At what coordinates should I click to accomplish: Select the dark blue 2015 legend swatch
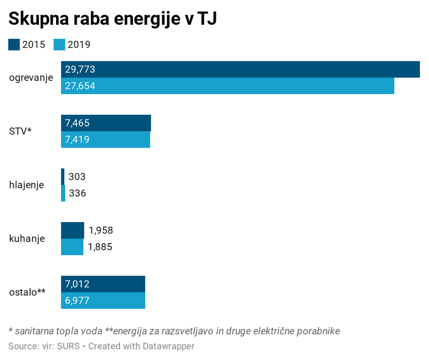14,44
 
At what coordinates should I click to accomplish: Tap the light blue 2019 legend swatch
60,44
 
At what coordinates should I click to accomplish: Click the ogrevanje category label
31,78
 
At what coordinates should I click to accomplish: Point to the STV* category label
21,132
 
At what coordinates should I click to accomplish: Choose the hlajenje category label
26,185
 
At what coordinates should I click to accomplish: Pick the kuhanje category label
27,238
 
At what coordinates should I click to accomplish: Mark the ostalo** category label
27,292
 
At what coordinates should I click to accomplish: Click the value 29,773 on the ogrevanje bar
80,69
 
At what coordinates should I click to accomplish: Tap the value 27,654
80,86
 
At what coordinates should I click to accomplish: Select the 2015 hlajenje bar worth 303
63,177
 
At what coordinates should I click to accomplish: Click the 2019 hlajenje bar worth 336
63,193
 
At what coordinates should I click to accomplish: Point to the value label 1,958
101,230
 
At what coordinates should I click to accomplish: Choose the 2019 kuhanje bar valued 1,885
72,247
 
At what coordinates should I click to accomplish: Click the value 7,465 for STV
78,123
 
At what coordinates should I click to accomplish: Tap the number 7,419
78,140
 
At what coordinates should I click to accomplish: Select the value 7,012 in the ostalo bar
78,284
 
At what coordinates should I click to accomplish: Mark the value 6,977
78,301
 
